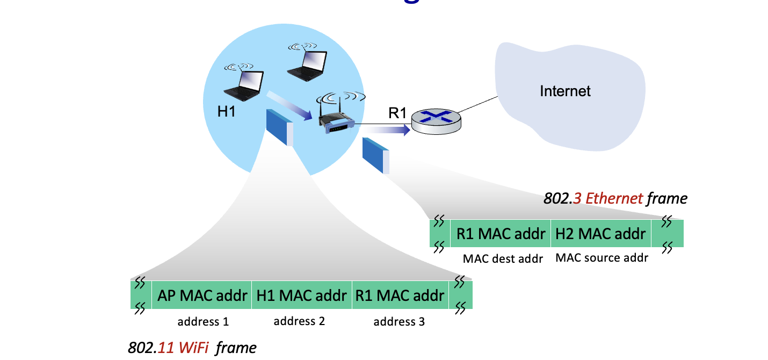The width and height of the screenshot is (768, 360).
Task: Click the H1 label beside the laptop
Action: click(227, 112)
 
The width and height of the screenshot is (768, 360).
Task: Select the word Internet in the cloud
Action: click(565, 91)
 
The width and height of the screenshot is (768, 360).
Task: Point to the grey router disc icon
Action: click(436, 123)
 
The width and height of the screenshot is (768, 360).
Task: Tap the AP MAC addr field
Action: click(202, 296)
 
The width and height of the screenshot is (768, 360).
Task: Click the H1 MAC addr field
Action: click(301, 296)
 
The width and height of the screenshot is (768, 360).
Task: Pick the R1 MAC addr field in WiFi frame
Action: click(400, 296)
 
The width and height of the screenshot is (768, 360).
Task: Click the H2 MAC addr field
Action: click(600, 234)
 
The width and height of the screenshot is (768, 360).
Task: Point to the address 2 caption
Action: click(299, 321)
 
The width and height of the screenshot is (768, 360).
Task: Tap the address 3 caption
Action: click(399, 322)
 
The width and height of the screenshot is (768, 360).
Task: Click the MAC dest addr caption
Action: click(503, 258)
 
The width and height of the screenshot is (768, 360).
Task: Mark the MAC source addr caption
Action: click(602, 258)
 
